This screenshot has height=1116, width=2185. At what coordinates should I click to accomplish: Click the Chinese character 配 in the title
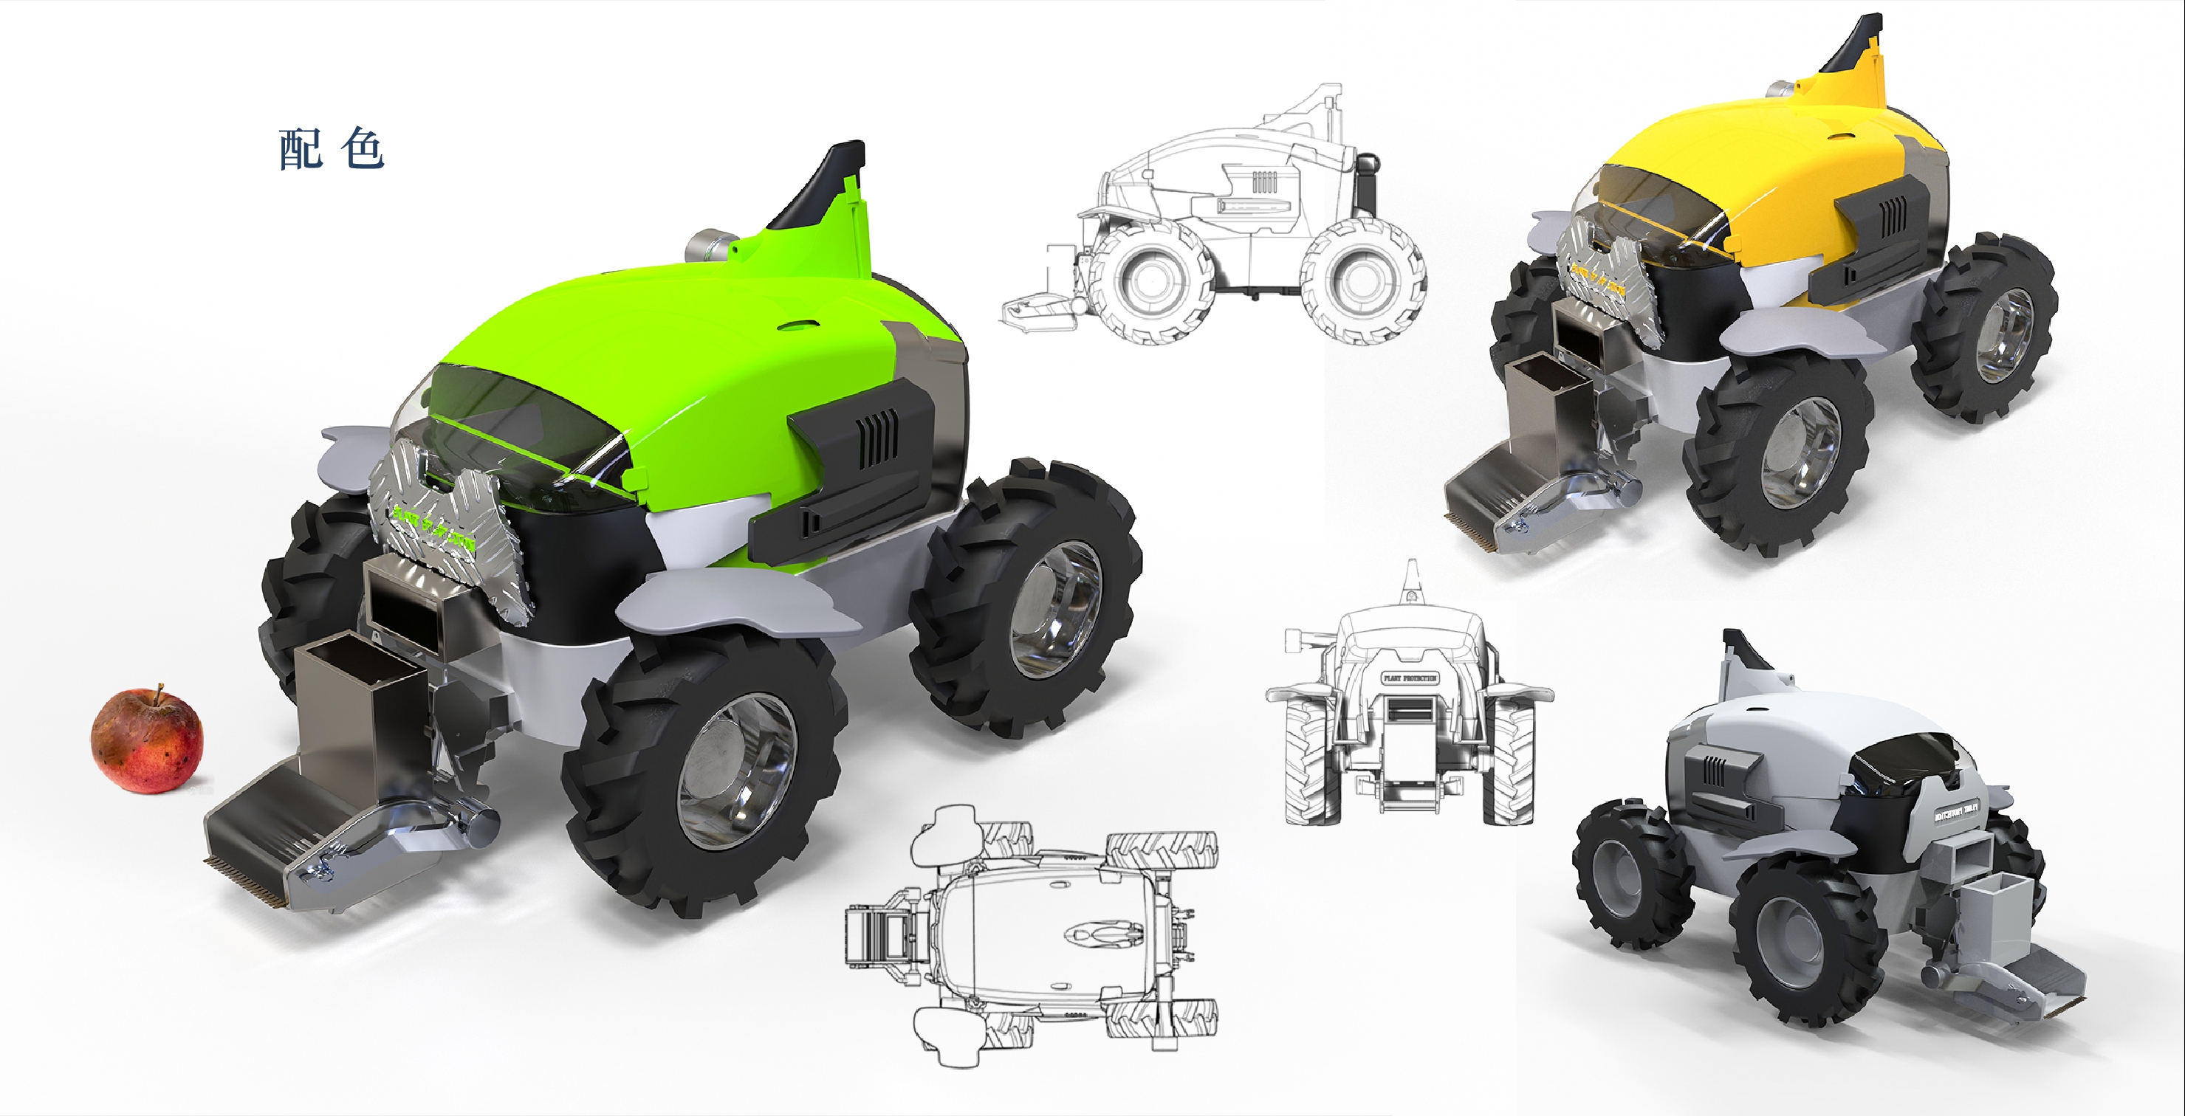tap(301, 150)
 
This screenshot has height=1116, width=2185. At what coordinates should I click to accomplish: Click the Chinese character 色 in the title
tap(363, 150)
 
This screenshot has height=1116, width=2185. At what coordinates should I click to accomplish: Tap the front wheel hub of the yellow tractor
tap(1802, 451)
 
